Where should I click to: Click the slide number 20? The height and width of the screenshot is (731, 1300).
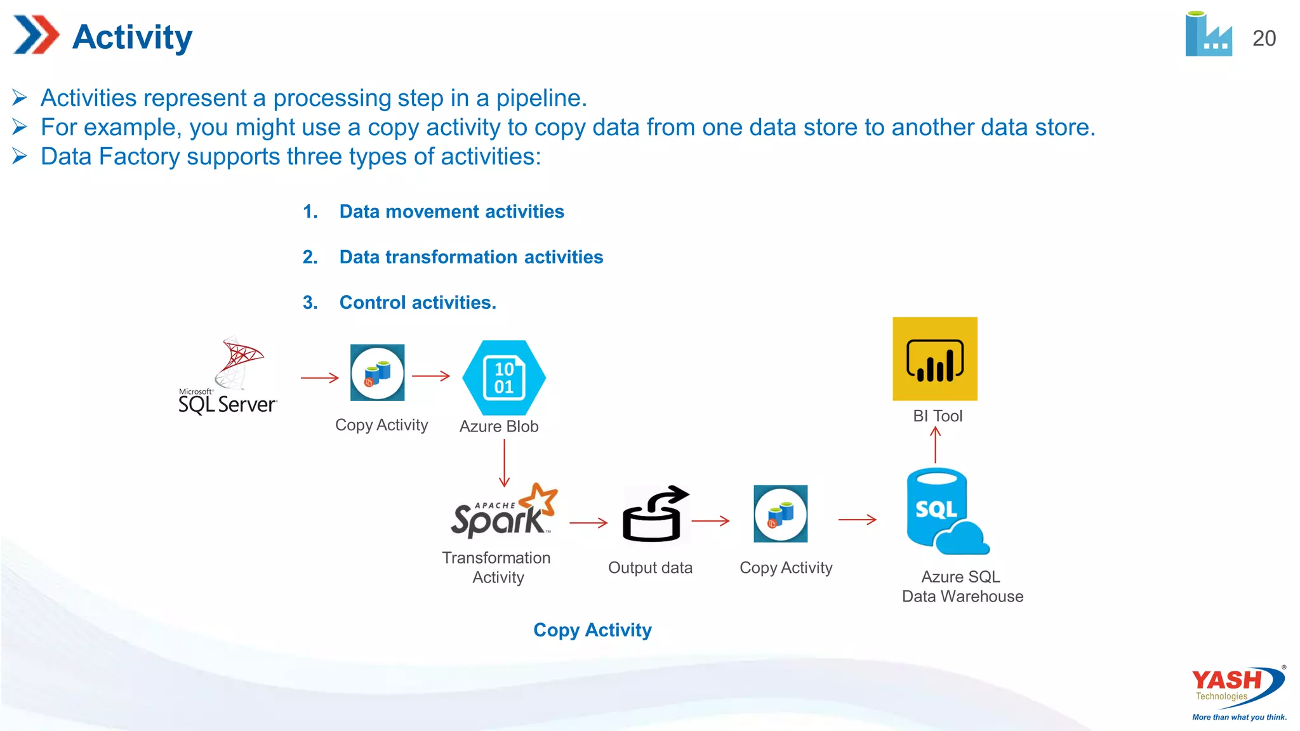click(x=1264, y=38)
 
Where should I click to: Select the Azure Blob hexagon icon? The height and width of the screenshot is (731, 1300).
click(x=504, y=378)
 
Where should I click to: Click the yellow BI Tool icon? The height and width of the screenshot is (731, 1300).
click(x=935, y=359)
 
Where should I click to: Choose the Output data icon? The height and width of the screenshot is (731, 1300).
click(x=654, y=515)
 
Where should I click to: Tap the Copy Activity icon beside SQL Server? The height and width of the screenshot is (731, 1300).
click(x=378, y=372)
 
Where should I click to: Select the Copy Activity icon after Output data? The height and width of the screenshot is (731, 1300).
click(x=781, y=514)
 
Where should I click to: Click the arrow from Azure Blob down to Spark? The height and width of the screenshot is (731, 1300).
click(x=505, y=463)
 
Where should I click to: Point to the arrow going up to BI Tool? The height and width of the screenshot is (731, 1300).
click(x=936, y=445)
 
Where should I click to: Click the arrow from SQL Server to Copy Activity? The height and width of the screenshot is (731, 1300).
click(x=320, y=378)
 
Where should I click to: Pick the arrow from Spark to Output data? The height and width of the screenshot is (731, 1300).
click(x=588, y=523)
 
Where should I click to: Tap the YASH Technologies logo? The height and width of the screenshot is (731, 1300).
click(x=1238, y=692)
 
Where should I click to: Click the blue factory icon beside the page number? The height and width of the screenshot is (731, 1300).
click(x=1208, y=36)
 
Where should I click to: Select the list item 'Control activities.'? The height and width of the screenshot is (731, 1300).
click(x=418, y=303)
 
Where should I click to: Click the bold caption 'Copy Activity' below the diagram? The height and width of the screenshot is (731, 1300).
click(x=592, y=630)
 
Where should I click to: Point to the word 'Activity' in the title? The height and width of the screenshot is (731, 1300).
click(x=132, y=37)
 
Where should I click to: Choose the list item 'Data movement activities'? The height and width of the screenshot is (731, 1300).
click(x=451, y=211)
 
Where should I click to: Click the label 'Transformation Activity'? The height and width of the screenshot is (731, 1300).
click(x=497, y=567)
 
